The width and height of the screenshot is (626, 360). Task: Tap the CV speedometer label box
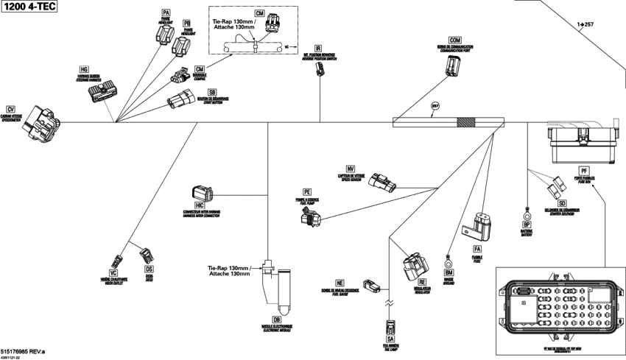10,109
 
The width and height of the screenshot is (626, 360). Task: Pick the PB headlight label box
186,24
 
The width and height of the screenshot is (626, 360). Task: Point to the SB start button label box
212,92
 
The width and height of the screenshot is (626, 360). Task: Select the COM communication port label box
454,39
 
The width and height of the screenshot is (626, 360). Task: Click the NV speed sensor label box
351,168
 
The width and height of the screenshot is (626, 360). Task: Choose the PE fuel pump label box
308,191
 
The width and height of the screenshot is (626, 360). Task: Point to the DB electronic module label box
276,319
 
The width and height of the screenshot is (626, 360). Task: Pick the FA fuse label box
477,250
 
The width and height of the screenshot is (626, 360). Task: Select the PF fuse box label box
584,171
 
